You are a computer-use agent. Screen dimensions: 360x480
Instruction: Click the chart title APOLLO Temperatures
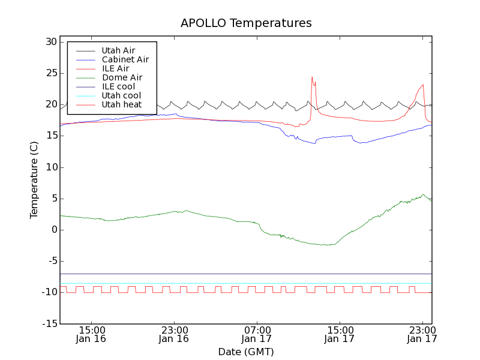pyautogui.click(x=246, y=23)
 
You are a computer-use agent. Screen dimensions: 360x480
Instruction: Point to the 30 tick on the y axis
pyautogui.click(x=50, y=42)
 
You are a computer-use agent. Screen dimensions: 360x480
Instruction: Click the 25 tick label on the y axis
pyautogui.click(x=50, y=73)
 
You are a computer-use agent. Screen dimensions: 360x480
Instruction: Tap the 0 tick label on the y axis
pyautogui.click(x=53, y=230)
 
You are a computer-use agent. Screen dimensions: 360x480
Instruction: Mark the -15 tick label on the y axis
pyautogui.click(x=48, y=323)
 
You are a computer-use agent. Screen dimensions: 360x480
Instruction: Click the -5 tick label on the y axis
pyautogui.click(x=50, y=261)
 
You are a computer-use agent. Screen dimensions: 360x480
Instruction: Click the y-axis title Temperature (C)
pyautogui.click(x=34, y=180)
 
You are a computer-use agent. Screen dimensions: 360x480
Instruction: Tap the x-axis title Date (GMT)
pyautogui.click(x=246, y=352)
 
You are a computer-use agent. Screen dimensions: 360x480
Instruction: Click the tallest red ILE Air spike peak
pyautogui.click(x=312, y=77)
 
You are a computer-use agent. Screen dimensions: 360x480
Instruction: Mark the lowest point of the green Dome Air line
pyautogui.click(x=327, y=245)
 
